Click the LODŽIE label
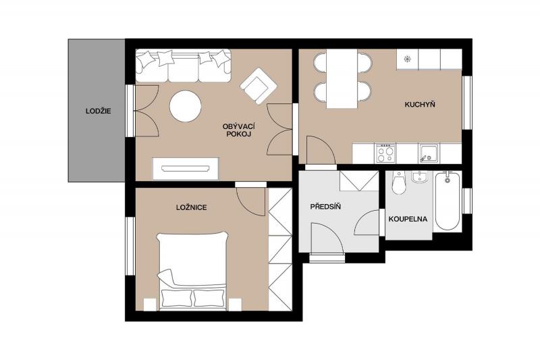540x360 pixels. [98, 111]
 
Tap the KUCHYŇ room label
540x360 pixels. [420, 105]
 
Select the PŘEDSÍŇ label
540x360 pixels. [325, 207]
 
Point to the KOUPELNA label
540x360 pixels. [408, 219]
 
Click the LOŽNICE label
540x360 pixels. [192, 207]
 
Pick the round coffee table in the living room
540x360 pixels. [185, 106]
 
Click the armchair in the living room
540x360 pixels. [259, 86]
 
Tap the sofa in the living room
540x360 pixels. [183, 66]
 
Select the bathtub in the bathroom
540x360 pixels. [448, 201]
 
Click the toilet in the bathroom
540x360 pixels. [400, 183]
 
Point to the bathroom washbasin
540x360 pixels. [419, 178]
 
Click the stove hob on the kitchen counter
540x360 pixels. [385, 153]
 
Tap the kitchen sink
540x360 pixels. [429, 153]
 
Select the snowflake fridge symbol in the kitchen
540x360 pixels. [407, 59]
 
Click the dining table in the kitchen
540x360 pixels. [342, 79]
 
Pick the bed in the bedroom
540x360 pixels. [192, 271]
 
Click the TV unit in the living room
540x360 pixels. [186, 169]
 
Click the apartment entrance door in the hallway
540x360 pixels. [327, 238]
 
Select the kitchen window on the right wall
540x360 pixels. [467, 103]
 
